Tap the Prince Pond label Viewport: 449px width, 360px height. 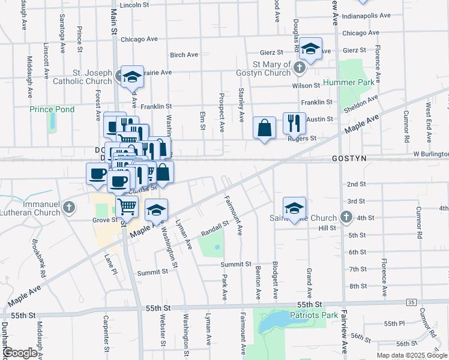point(52,109)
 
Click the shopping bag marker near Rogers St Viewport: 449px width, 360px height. point(264,128)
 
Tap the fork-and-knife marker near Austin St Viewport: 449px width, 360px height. point(294,124)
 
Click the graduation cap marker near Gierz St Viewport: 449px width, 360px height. point(310,49)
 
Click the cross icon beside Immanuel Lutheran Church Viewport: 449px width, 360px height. point(69,208)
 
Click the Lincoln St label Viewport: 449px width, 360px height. point(134,5)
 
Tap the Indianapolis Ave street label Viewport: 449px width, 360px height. point(366,16)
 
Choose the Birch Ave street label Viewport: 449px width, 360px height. point(184,55)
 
